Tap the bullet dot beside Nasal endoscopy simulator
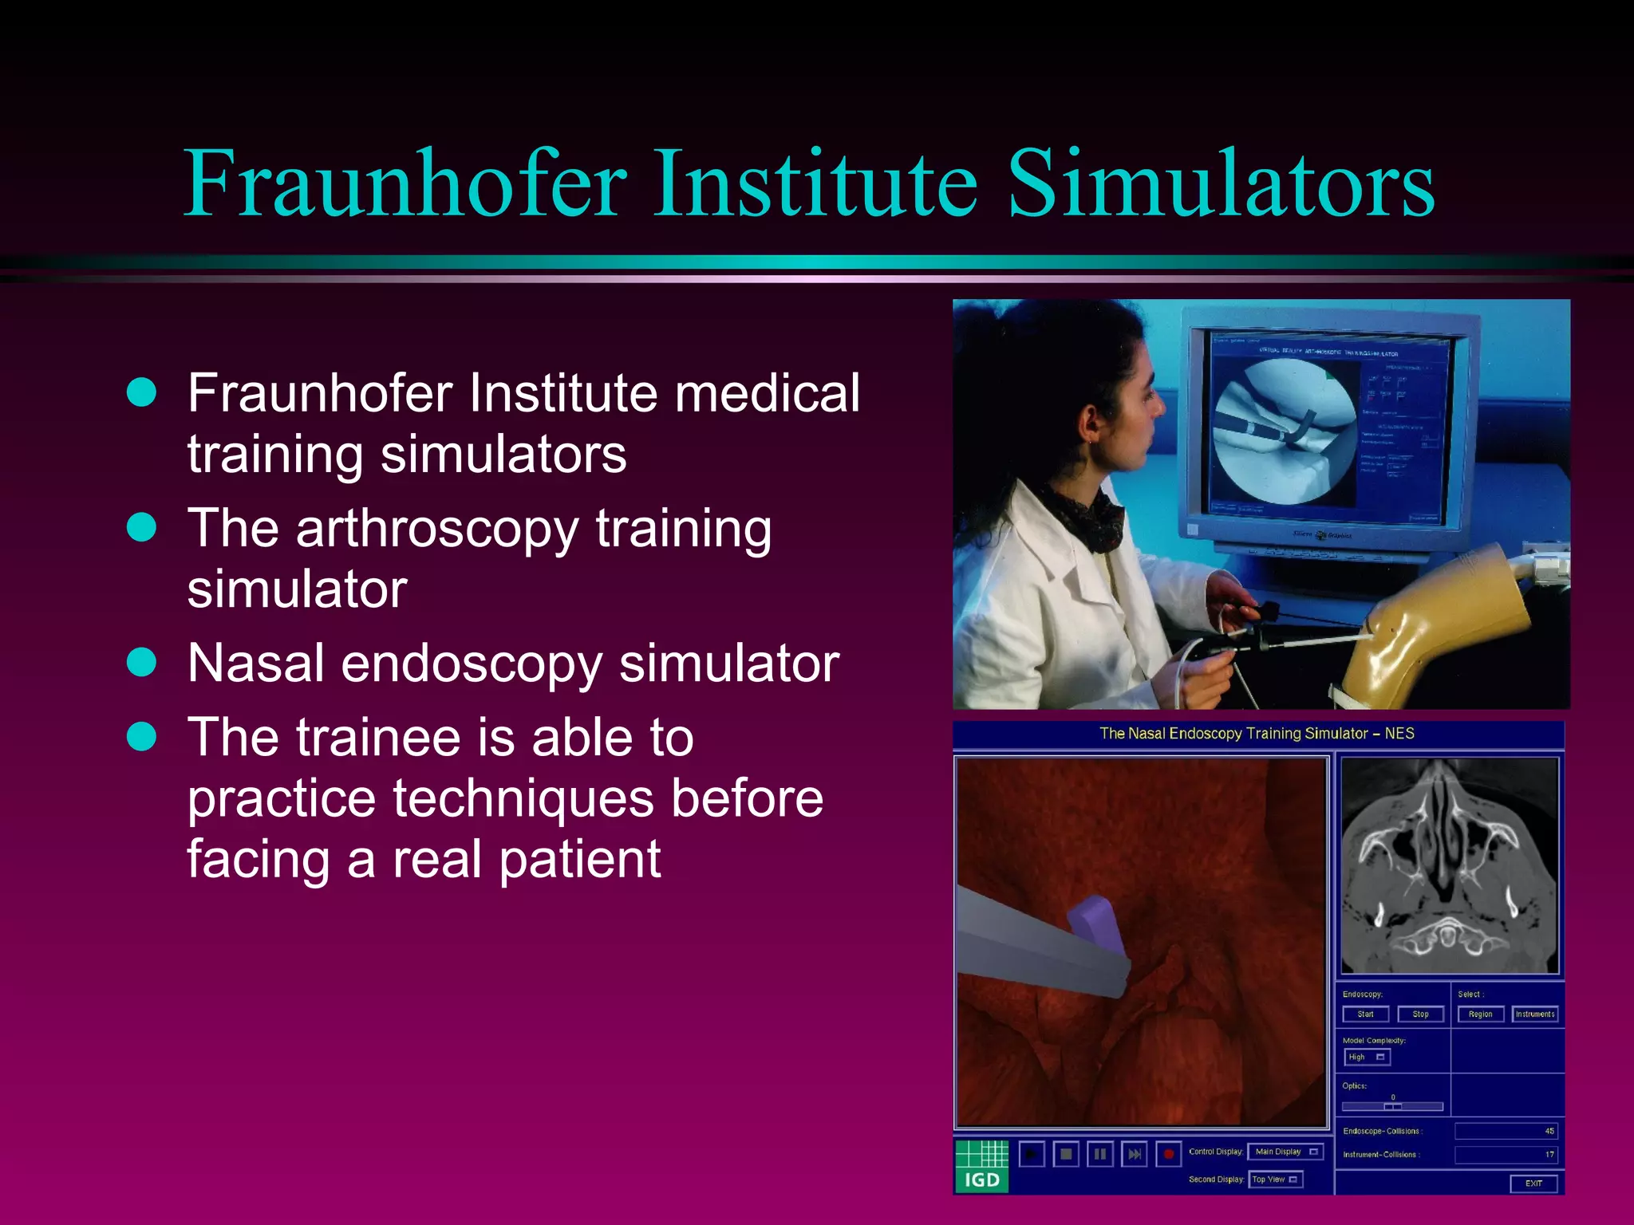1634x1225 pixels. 142,662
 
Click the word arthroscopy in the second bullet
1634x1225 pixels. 436,530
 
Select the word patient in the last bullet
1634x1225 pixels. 580,860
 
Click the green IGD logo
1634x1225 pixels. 981,1165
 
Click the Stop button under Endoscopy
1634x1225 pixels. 1420,1014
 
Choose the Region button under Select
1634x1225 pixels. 1480,1014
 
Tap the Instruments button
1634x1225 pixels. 1535,1014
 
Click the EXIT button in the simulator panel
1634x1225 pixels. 1533,1184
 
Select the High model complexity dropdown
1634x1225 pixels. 1367,1058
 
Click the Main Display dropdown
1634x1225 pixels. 1285,1152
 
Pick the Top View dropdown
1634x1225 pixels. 1275,1180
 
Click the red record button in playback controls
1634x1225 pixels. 1169,1154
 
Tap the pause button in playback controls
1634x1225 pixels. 1100,1154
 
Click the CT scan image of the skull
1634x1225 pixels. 1449,865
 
